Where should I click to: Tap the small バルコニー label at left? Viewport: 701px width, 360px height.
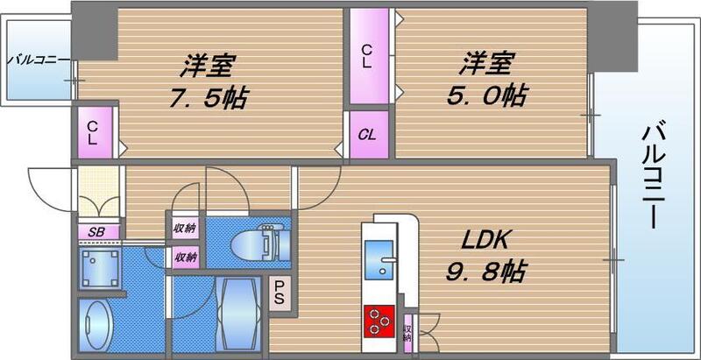click(x=37, y=60)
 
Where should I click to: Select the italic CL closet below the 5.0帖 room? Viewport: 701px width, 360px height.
click(x=369, y=136)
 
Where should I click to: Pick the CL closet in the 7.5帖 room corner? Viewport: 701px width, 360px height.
click(x=93, y=133)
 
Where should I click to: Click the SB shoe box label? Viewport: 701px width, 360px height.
click(x=96, y=231)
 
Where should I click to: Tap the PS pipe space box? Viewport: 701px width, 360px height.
click(x=280, y=291)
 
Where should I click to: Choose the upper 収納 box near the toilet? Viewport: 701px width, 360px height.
click(x=185, y=228)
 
